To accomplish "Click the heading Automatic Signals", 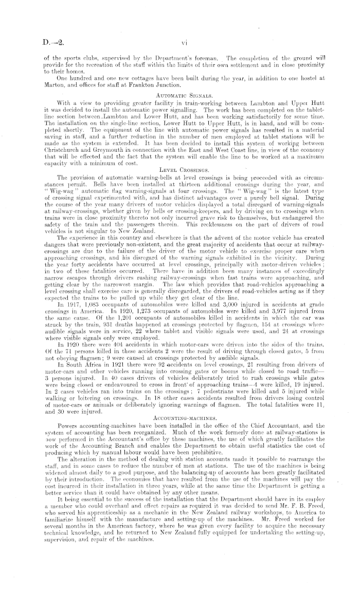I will pos(179,96).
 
